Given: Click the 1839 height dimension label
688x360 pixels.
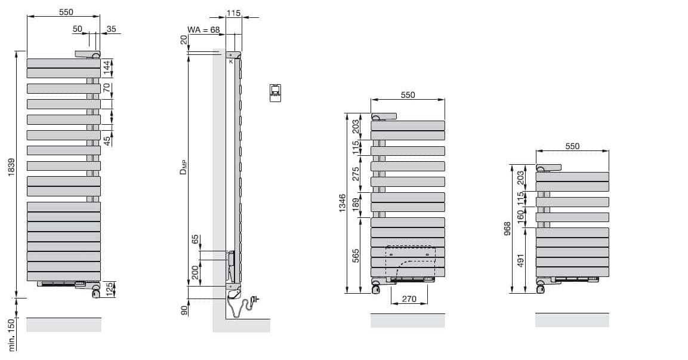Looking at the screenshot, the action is [x=12, y=168].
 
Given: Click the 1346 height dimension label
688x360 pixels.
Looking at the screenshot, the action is [x=343, y=203].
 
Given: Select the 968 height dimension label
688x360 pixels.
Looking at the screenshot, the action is [x=508, y=229].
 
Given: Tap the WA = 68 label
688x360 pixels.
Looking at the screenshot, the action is [x=203, y=30].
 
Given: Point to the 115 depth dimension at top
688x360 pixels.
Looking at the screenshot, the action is [x=233, y=13].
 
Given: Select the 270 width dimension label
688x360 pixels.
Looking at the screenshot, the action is [x=409, y=299].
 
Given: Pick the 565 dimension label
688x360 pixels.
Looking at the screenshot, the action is [x=356, y=256].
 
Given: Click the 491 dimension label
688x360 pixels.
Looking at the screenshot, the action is [x=521, y=261].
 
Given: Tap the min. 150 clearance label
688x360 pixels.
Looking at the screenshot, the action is [x=12, y=335].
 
